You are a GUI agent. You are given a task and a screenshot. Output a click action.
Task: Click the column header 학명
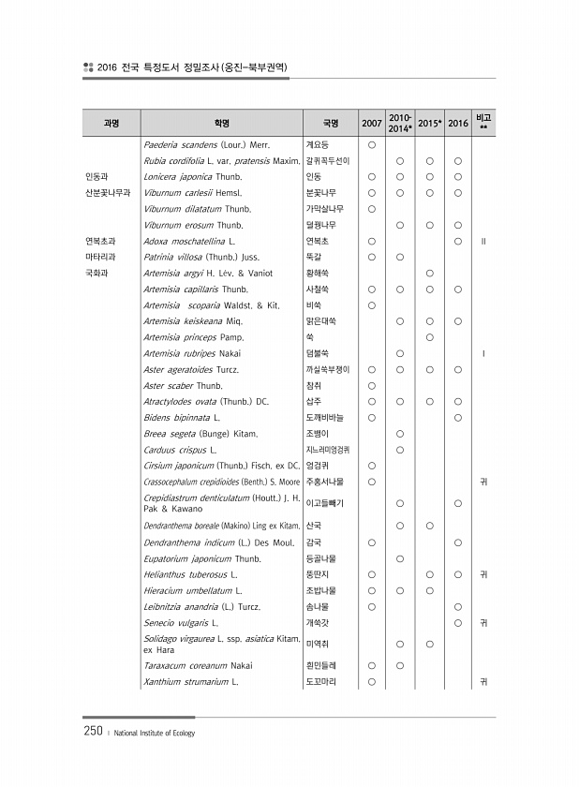click(221, 124)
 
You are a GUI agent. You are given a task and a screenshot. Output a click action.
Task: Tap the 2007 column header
click(371, 124)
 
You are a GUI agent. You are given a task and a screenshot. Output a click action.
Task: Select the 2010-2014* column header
click(401, 124)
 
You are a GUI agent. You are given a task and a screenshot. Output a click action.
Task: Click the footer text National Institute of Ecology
click(155, 734)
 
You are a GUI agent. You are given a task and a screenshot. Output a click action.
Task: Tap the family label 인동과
click(96, 176)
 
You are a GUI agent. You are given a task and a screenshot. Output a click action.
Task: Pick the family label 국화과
click(96, 273)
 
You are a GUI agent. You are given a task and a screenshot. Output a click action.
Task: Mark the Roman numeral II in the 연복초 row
click(483, 241)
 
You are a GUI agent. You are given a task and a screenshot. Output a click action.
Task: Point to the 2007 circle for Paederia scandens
click(371, 144)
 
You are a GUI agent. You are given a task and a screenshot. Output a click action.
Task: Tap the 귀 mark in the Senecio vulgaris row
click(483, 623)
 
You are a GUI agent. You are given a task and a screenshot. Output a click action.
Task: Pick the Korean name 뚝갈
click(314, 257)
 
